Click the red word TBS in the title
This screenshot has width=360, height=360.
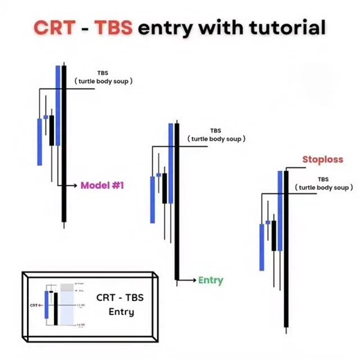113,28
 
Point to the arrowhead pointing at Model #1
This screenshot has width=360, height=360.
74,186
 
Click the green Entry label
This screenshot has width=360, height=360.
210,280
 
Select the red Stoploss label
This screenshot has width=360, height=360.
323,160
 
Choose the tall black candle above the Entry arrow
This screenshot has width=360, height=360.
177,201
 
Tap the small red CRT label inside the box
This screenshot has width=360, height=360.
35,303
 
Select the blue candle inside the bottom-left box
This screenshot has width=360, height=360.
46,305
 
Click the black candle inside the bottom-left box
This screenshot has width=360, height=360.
55,307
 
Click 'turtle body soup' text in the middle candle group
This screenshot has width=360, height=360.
216,138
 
